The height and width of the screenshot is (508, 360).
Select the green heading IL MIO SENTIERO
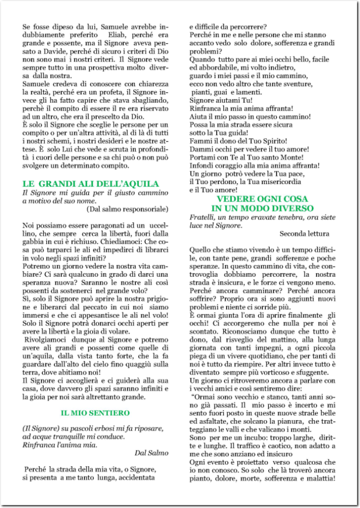pyautogui.click(x=95, y=412)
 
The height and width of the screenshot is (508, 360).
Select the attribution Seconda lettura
pyautogui.click(x=304, y=233)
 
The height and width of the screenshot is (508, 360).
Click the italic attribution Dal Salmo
pyautogui.click(x=151, y=452)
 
